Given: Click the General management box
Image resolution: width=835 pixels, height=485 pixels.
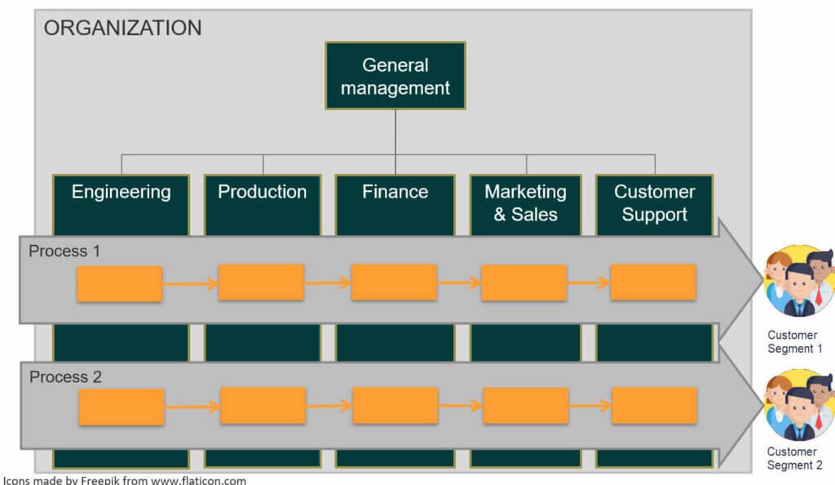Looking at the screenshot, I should (x=395, y=76).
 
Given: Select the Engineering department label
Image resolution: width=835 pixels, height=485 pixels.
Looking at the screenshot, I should (x=121, y=192).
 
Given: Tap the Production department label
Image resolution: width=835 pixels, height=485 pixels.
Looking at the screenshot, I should (x=262, y=192).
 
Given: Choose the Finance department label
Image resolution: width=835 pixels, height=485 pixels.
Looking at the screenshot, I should (x=395, y=192).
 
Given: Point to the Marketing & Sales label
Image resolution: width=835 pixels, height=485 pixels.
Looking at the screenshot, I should (x=525, y=203).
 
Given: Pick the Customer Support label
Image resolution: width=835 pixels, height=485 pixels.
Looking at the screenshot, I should (x=654, y=203).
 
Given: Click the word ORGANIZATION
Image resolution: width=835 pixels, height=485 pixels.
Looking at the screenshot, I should (x=122, y=28).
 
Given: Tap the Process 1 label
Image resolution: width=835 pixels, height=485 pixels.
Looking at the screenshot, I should (x=64, y=251).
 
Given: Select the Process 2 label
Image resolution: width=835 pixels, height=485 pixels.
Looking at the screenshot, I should (x=65, y=377).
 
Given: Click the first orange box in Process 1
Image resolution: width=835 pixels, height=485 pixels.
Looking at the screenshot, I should (x=119, y=284).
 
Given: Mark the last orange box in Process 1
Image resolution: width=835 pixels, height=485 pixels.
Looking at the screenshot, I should (x=652, y=283).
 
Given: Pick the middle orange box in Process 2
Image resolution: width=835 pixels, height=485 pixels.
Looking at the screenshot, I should (x=395, y=406).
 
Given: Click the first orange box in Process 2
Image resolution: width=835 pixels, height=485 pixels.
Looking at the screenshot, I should (x=121, y=407).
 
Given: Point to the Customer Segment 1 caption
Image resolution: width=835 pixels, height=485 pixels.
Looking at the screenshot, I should (x=793, y=342).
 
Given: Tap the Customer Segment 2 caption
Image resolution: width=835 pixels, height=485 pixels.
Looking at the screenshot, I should (x=793, y=459).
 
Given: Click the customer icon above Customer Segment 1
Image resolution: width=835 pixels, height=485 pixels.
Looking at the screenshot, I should (x=798, y=281).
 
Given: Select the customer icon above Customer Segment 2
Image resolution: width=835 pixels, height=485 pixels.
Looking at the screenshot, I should (x=798, y=405).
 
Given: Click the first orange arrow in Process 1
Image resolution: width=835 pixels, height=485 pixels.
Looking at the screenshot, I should (x=190, y=284).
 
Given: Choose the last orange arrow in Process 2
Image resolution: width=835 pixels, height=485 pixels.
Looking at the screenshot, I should (x=590, y=406).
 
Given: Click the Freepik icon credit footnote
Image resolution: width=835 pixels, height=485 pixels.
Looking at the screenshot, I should (x=124, y=480).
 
